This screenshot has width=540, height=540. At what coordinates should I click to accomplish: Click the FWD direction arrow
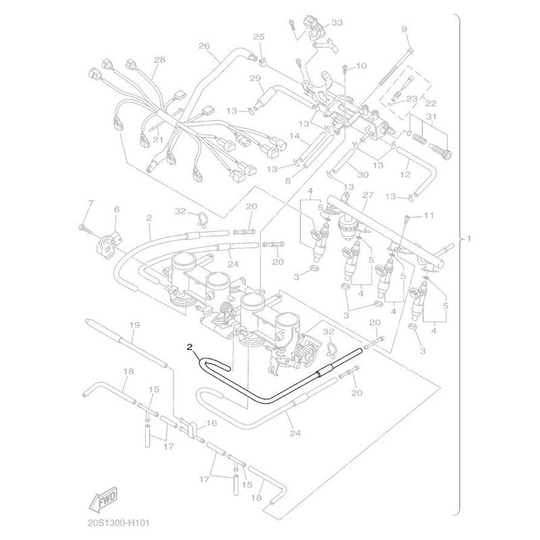pos(103,499)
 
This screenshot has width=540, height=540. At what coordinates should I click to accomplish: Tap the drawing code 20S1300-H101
pos(117,523)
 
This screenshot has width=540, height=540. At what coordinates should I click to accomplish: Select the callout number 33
pos(337,22)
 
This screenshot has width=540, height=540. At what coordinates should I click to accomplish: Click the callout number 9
pos(404,29)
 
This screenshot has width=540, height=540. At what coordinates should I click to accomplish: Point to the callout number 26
pos(204,46)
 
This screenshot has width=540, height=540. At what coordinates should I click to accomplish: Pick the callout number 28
pos(159,60)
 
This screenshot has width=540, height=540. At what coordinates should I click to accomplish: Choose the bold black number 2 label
pos(190,348)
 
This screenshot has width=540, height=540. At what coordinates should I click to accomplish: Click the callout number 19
pos(134,325)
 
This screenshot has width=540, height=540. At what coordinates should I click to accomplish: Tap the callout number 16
pos(212,423)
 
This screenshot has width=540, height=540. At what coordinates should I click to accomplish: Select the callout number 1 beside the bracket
pos(468,238)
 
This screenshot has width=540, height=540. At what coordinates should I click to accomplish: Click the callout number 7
pos(90,204)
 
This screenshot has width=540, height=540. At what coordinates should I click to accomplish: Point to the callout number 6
pos(116,209)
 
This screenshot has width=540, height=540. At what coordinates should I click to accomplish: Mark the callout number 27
pos(368,195)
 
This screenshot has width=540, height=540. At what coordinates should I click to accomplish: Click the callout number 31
pos(431,117)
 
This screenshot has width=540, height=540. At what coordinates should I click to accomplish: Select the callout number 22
pos(431,103)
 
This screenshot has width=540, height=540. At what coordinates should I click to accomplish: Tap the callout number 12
pos(406,175)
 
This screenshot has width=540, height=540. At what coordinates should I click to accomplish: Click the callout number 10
pos(361,65)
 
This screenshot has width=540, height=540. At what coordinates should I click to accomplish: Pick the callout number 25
pos(259,37)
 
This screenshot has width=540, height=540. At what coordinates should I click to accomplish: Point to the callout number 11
pos(429,215)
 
